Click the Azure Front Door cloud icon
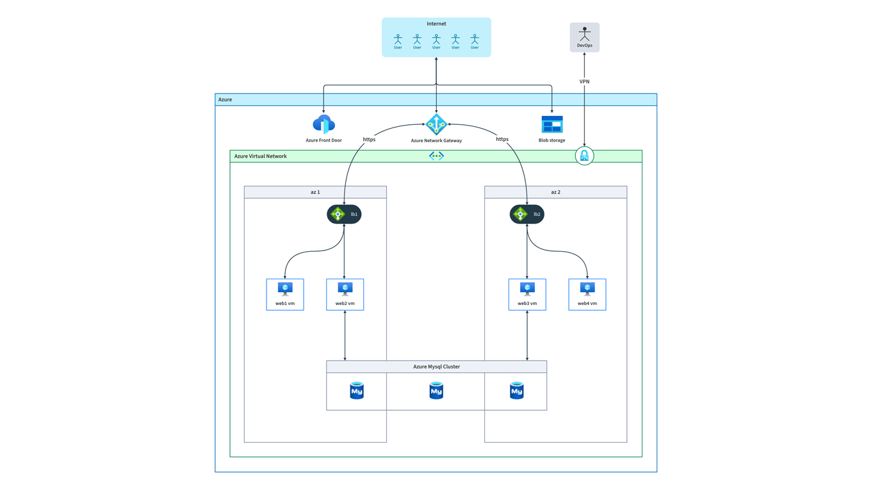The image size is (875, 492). point(323,124)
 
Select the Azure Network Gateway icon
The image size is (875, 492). point(436,124)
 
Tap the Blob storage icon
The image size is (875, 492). point(552,124)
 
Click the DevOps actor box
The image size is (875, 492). point(584,37)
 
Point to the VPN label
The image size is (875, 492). point(584,81)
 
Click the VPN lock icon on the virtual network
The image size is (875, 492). point(584,156)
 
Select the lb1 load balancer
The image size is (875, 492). point(344,214)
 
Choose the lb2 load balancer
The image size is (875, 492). point(527,214)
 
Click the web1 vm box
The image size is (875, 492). point(285,295)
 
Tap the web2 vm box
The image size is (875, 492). point(345,295)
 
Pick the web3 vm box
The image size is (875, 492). point(527,295)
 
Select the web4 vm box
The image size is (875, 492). point(587,295)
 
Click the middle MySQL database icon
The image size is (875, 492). point(436,390)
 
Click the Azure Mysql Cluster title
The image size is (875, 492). point(436,366)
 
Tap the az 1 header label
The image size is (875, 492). point(315,192)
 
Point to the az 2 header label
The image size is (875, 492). point(555,192)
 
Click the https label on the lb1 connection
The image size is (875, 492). point(369,139)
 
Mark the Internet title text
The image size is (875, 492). point(436,24)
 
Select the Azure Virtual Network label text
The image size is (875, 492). point(260,156)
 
